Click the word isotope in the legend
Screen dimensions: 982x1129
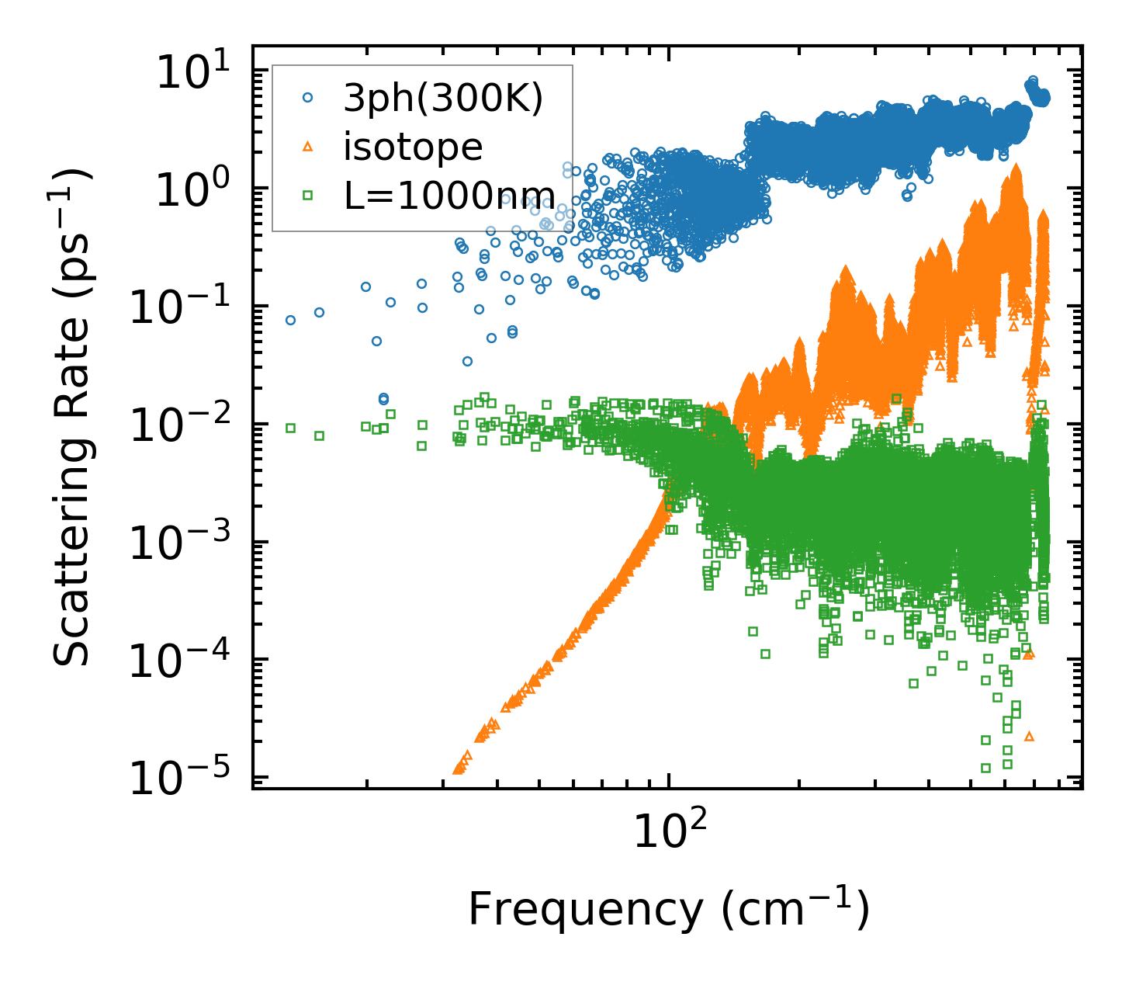click(x=413, y=147)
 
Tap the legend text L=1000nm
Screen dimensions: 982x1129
click(x=449, y=195)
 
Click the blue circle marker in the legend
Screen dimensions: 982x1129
click(x=308, y=98)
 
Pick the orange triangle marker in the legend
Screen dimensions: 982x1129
click(x=308, y=146)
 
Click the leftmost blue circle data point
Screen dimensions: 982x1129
click(x=291, y=320)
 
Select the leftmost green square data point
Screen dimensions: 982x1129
click(x=291, y=428)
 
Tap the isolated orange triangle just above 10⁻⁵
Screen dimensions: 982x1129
click(x=1029, y=735)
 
